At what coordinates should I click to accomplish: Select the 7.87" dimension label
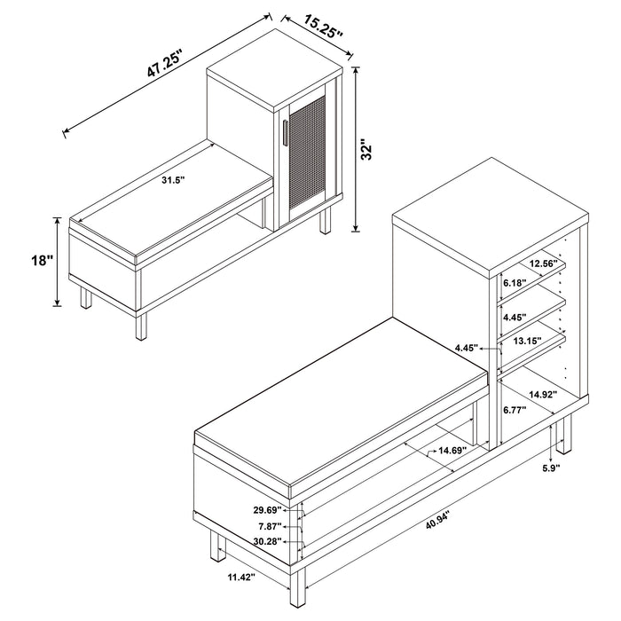click(270, 527)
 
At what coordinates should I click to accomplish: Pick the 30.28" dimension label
click(266, 543)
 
